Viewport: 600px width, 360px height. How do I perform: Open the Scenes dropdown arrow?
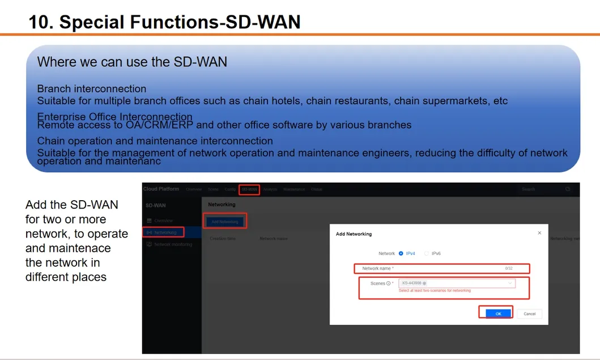click(510, 283)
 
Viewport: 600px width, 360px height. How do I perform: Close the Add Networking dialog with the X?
click(539, 233)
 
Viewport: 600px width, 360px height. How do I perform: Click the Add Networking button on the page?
click(225, 221)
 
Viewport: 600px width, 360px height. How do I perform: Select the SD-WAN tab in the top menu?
click(249, 189)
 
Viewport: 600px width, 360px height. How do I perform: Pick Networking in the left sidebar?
click(165, 232)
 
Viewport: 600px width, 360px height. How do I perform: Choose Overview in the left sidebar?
click(163, 221)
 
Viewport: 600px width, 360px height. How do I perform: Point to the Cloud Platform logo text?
click(161, 189)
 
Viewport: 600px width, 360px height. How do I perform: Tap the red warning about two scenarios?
click(435, 291)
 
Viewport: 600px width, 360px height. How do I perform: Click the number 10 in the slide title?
click(40, 22)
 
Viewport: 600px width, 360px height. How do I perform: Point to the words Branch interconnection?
click(92, 89)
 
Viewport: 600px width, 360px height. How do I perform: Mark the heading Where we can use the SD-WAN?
click(132, 62)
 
